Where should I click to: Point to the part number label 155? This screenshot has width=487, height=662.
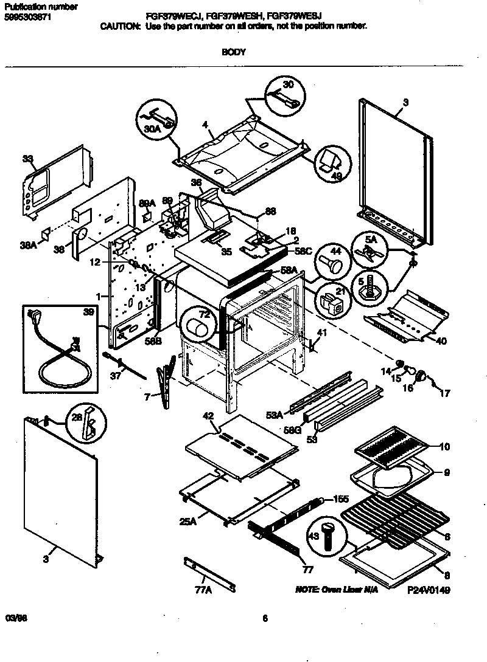341,499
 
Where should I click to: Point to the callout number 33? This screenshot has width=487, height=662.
27,159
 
